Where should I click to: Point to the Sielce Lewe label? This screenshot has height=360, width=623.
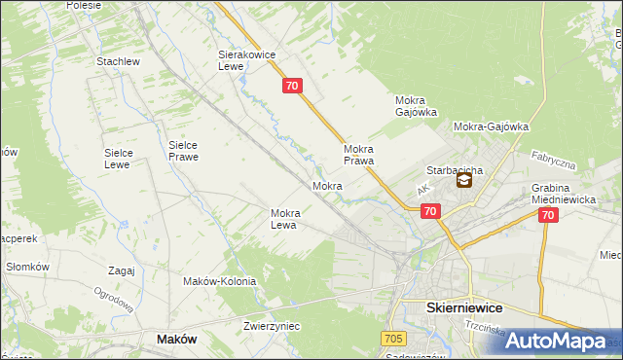[125, 159]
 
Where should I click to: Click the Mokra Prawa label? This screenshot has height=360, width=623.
[359, 155]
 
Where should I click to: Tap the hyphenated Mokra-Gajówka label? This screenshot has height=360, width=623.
[491, 126]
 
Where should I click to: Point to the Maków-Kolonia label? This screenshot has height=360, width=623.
[219, 281]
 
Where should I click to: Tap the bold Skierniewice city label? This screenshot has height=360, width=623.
[464, 306]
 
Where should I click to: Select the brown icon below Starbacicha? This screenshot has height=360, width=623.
[463, 180]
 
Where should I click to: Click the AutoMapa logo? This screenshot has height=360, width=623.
[555, 342]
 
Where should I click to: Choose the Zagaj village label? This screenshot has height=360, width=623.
[122, 271]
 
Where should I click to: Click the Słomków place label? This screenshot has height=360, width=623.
[27, 267]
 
